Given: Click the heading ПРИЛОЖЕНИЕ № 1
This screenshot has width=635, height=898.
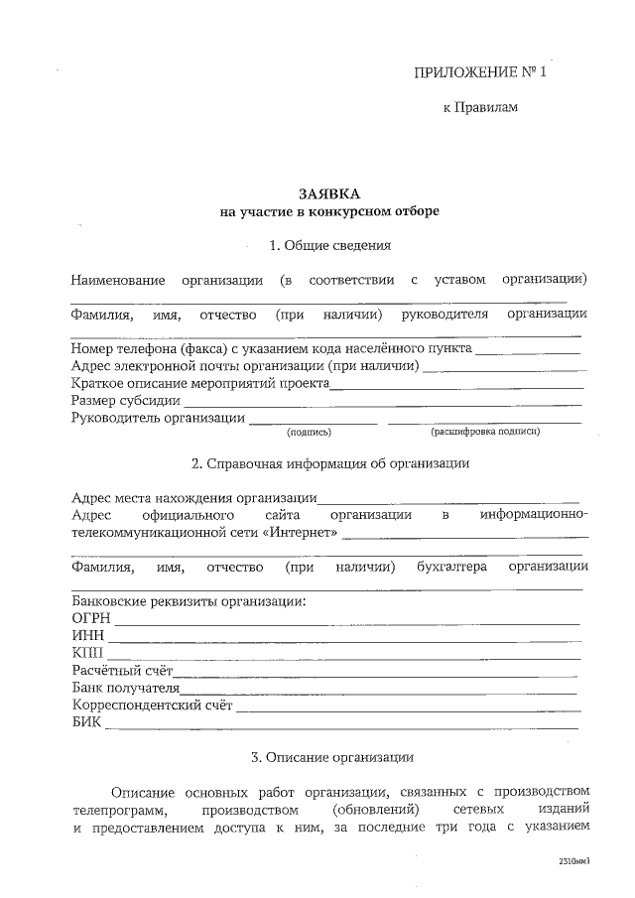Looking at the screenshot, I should [x=479, y=73].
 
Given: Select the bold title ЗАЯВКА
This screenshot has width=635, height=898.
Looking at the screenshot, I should [x=328, y=193].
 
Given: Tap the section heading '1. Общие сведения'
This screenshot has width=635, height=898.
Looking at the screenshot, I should [x=329, y=245].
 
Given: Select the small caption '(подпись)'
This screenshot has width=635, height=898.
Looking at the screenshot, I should [x=309, y=433].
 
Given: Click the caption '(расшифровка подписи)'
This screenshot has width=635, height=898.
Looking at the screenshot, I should [x=485, y=433].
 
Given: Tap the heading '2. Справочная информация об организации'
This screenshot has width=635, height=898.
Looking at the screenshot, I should [x=329, y=463].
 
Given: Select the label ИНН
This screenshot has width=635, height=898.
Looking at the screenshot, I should [x=87, y=636].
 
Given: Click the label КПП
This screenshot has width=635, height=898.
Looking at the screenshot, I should [x=87, y=653].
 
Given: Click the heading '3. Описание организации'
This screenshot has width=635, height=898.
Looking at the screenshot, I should [x=329, y=759].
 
